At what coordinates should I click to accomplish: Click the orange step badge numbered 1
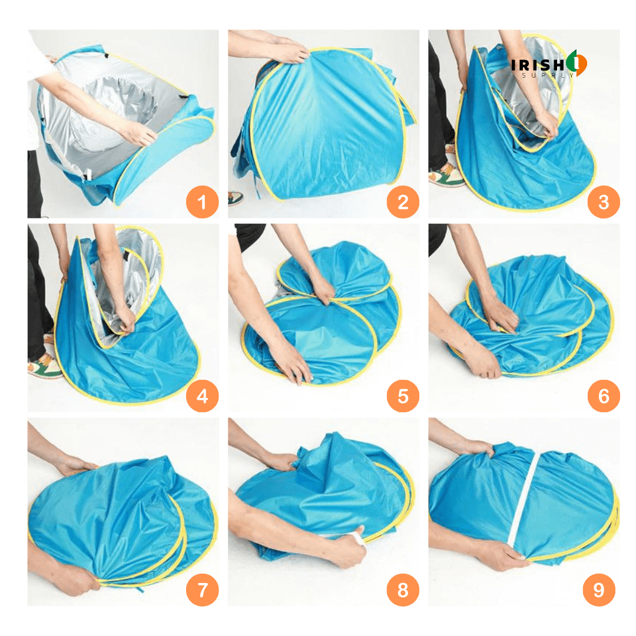202,201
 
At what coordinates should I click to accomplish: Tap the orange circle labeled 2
403,201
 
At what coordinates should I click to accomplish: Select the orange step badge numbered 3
604,201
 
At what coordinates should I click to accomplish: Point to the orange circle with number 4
202,396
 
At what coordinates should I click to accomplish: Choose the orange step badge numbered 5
403,396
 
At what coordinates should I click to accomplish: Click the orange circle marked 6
604,396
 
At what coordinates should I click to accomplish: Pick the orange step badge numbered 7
202,589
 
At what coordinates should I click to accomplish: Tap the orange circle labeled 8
403,589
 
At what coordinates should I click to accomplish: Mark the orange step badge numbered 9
599,589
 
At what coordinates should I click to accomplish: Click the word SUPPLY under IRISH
548,75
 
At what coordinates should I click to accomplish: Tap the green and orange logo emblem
577,63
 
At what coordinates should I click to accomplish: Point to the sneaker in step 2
235,197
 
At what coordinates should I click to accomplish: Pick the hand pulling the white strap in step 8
347,548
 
